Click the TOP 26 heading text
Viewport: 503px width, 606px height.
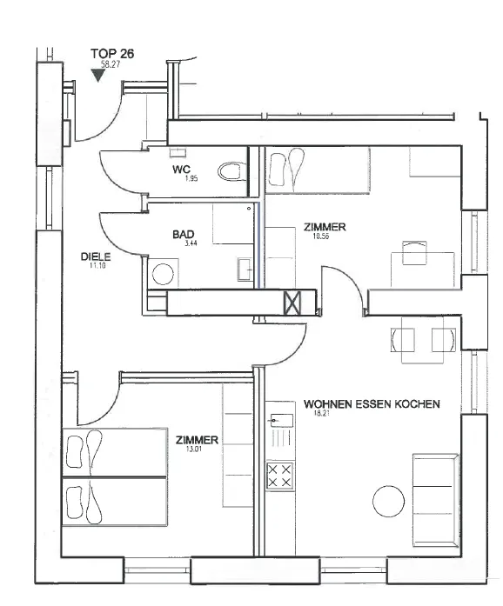click(112, 54)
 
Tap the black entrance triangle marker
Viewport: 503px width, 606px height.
click(98, 75)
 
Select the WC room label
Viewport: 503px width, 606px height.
click(182, 170)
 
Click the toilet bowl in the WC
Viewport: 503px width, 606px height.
click(231, 171)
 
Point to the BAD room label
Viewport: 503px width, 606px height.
click(184, 234)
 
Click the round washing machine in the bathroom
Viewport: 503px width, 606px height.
click(163, 274)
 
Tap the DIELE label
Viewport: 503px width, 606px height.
click(96, 256)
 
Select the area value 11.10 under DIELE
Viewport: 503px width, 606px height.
click(97, 265)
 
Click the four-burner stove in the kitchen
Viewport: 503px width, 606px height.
click(279, 476)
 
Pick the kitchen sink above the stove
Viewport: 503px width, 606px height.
click(279, 419)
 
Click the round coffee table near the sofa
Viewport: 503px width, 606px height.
click(388, 501)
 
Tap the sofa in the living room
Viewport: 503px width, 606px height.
click(436, 501)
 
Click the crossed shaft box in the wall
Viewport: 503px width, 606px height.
click(292, 303)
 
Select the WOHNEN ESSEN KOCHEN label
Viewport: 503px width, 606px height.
click(372, 404)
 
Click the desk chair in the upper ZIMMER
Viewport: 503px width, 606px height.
click(414, 253)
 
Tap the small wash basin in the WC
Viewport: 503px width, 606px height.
click(178, 152)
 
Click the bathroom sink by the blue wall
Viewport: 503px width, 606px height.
click(245, 269)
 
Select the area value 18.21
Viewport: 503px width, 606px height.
click(322, 413)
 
